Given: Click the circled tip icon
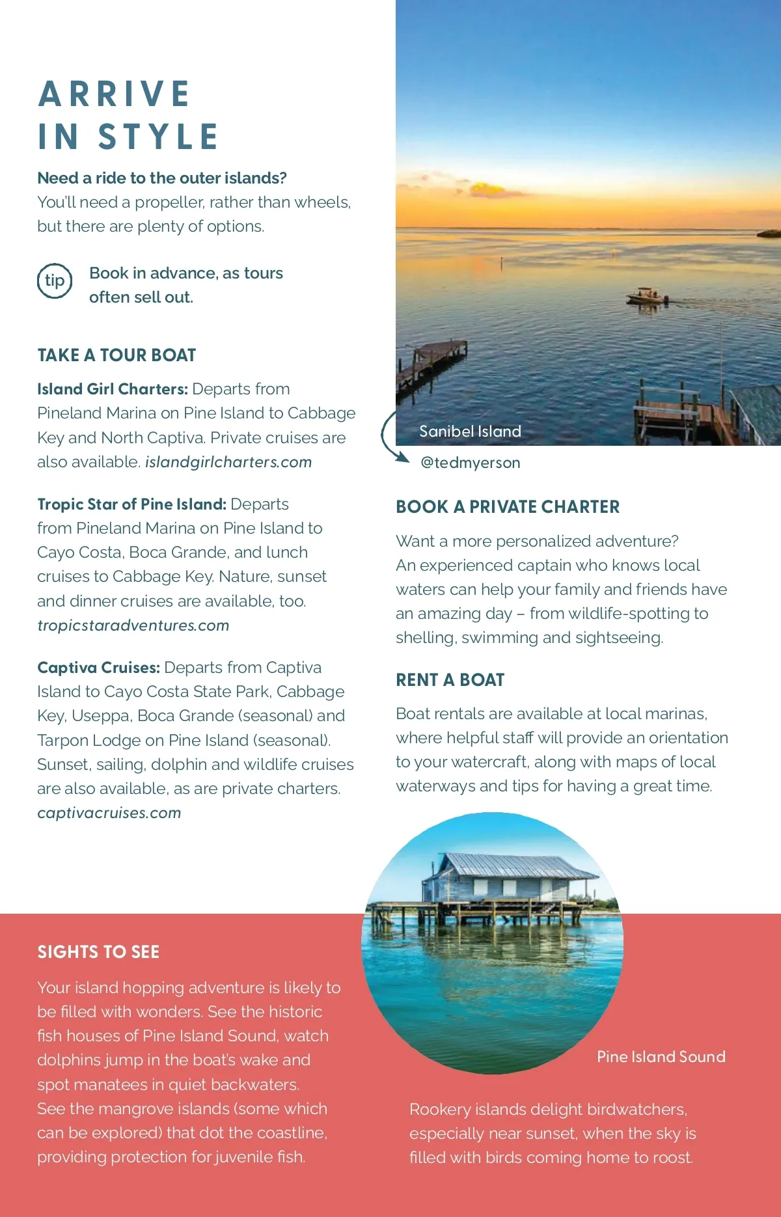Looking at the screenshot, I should coord(55,281).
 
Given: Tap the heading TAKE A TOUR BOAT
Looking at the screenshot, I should coord(116,355).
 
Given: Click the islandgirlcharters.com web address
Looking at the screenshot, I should coord(228,462).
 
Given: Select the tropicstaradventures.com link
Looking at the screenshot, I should coord(133,625).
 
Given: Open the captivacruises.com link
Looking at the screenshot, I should coord(109,813).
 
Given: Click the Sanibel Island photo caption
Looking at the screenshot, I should coord(470,431).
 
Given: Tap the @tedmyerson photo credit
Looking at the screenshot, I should coord(470,463).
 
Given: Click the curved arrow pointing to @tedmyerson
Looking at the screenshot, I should coord(390,438).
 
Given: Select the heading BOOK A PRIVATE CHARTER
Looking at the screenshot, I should coord(508,507).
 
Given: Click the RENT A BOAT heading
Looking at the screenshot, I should coord(450,680).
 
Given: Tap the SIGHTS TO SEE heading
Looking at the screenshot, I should coord(98,952).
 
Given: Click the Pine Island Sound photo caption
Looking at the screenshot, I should coord(661,1057).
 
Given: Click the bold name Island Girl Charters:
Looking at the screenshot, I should coord(113,389).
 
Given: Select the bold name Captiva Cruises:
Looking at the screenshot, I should coord(98,668).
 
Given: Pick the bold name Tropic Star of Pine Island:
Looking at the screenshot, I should coord(131,504).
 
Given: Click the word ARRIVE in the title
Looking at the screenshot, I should coord(115,94).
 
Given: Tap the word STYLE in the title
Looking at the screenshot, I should coord(158,137).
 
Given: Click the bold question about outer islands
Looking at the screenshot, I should coord(162,178).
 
